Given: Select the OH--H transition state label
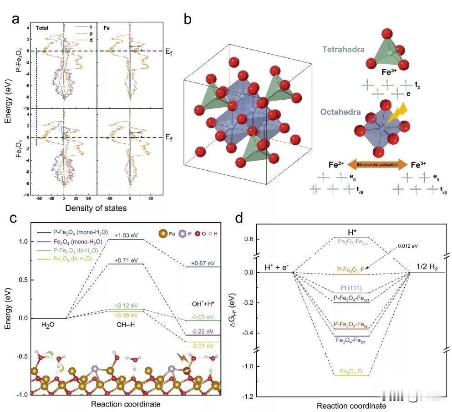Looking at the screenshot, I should pyautogui.click(x=127, y=326).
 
